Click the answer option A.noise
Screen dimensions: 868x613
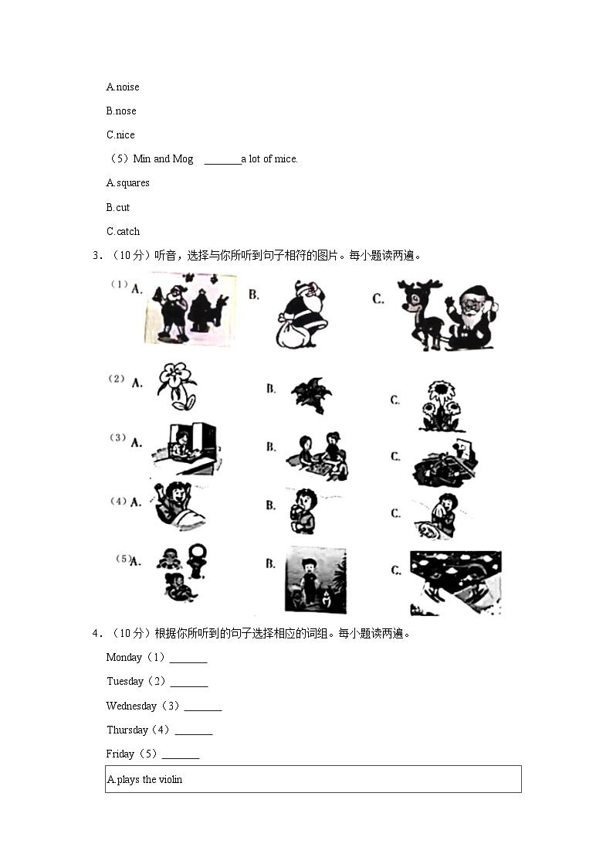[123, 87]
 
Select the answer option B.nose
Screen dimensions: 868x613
[121, 111]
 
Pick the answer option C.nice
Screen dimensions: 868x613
[120, 135]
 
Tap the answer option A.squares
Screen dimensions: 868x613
[128, 183]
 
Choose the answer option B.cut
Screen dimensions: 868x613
[118, 207]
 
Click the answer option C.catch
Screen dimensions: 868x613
[124, 231]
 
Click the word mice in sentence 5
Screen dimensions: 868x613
[286, 159]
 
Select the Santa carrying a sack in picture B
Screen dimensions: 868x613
[301, 314]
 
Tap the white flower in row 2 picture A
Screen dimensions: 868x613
[175, 385]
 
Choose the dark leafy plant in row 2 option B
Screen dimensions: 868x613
[311, 395]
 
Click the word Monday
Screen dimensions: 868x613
[124, 658]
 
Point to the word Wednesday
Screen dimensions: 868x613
[131, 706]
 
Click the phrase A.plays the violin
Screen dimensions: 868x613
[144, 780]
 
